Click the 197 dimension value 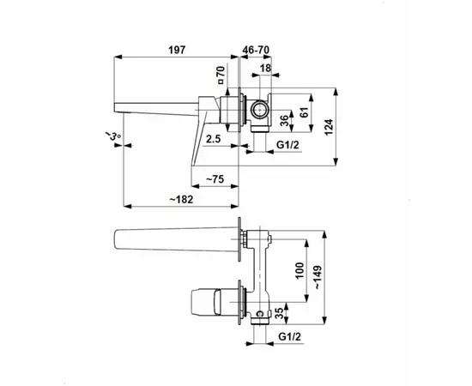177,50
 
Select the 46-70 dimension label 256,50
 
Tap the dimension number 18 265,69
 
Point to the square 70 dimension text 221,75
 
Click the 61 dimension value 305,112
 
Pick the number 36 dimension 284,121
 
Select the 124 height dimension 329,127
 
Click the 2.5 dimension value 214,139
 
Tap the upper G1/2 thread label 287,145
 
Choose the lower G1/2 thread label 289,336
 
